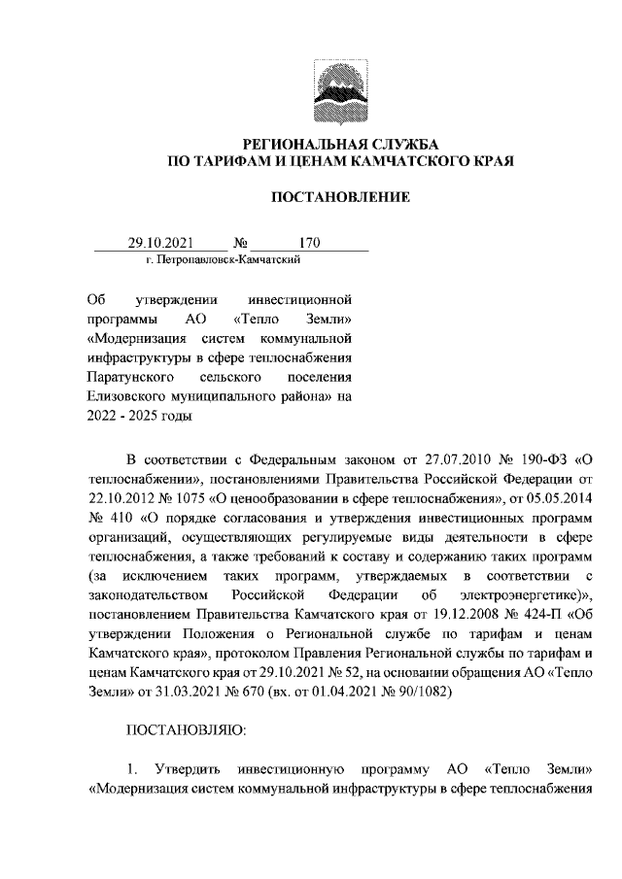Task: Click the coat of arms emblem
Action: pos(340,86)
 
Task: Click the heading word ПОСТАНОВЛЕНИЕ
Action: pos(340,198)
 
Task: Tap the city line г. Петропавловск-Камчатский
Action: pos(214,260)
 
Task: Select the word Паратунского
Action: pos(129,375)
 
